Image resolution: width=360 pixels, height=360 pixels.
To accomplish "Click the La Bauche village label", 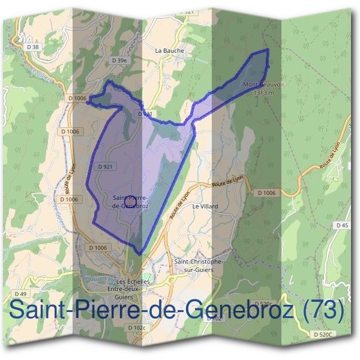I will [169, 51].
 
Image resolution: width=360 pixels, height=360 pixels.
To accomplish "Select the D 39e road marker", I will [119, 61].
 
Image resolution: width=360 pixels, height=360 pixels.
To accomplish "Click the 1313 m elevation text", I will [264, 93].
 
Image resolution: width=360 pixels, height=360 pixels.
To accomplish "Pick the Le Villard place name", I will [205, 206].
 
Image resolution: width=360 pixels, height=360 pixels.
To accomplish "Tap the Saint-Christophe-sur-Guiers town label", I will [198, 266].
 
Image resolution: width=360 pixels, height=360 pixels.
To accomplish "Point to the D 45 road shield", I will [342, 225].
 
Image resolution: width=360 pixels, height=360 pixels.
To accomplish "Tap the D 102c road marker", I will [136, 328].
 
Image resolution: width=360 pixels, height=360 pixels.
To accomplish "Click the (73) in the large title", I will [324, 311].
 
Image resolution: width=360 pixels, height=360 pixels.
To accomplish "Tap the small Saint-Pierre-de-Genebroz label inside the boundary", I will [131, 201].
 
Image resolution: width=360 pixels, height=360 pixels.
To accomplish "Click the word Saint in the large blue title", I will [38, 311].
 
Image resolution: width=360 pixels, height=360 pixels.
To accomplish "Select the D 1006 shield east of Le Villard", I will [266, 193].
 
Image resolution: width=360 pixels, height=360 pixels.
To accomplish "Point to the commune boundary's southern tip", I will [140, 254].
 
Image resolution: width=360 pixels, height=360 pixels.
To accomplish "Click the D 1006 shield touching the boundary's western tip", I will [78, 98].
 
